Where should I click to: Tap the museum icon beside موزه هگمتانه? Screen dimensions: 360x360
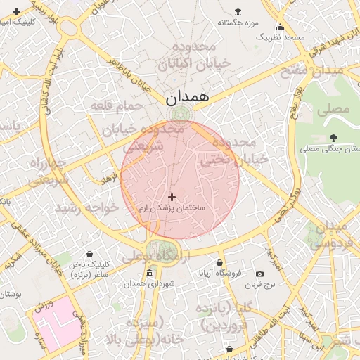237,12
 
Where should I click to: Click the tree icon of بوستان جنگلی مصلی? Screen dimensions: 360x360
333,138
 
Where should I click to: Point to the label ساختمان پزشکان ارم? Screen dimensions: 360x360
172,209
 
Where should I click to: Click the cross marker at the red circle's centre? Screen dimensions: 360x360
172,197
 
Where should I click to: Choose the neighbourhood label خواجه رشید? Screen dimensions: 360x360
90,208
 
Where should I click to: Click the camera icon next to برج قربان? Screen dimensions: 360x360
260,274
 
